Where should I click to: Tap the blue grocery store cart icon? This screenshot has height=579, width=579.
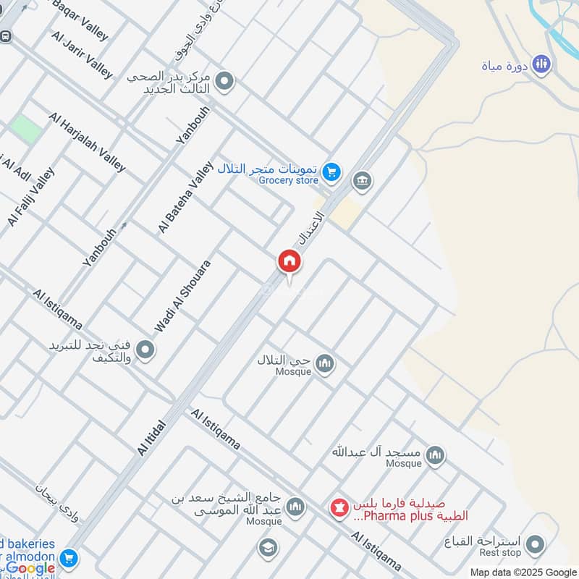click(331, 172)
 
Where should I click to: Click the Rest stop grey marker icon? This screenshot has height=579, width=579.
click(535, 544)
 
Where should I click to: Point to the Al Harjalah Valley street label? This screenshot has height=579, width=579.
click(87, 142)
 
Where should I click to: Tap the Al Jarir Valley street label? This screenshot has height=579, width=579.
click(82, 54)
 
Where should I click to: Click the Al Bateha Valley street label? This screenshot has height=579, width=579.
click(186, 197)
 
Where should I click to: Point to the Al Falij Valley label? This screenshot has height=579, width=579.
click(31, 197)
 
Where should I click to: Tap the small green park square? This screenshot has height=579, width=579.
click(26, 129)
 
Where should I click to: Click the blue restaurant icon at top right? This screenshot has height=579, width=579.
click(541, 65)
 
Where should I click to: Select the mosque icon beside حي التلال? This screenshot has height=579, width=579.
click(325, 363)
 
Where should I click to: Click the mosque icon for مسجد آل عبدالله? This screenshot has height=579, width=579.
click(434, 455)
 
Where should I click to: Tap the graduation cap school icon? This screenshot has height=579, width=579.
click(267, 548)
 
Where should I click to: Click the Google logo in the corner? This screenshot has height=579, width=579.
click(30, 568)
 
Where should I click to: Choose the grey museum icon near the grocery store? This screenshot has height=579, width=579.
click(362, 180)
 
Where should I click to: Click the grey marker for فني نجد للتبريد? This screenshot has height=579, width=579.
click(145, 351)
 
